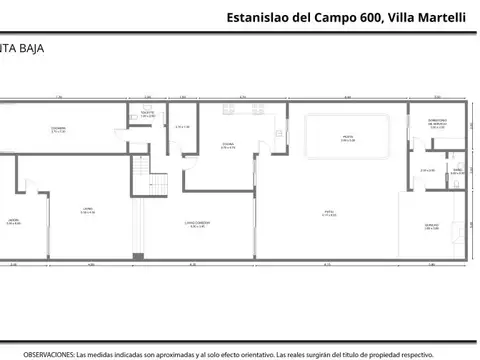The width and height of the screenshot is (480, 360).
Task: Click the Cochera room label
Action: pos(59,129)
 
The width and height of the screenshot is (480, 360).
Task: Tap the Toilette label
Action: pos(146,115)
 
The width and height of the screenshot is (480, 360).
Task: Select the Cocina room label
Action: pos(228,145)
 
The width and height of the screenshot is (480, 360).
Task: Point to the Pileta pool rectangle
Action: pos(347,138)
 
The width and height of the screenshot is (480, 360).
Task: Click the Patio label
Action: pos(328,212)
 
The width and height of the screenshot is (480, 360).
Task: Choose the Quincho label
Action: pos(431,226)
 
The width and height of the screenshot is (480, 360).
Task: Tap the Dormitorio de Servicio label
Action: pos(437,124)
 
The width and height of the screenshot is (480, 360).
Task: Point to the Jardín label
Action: pos(13,221)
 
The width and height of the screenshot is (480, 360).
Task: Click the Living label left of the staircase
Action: pos(88,210)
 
